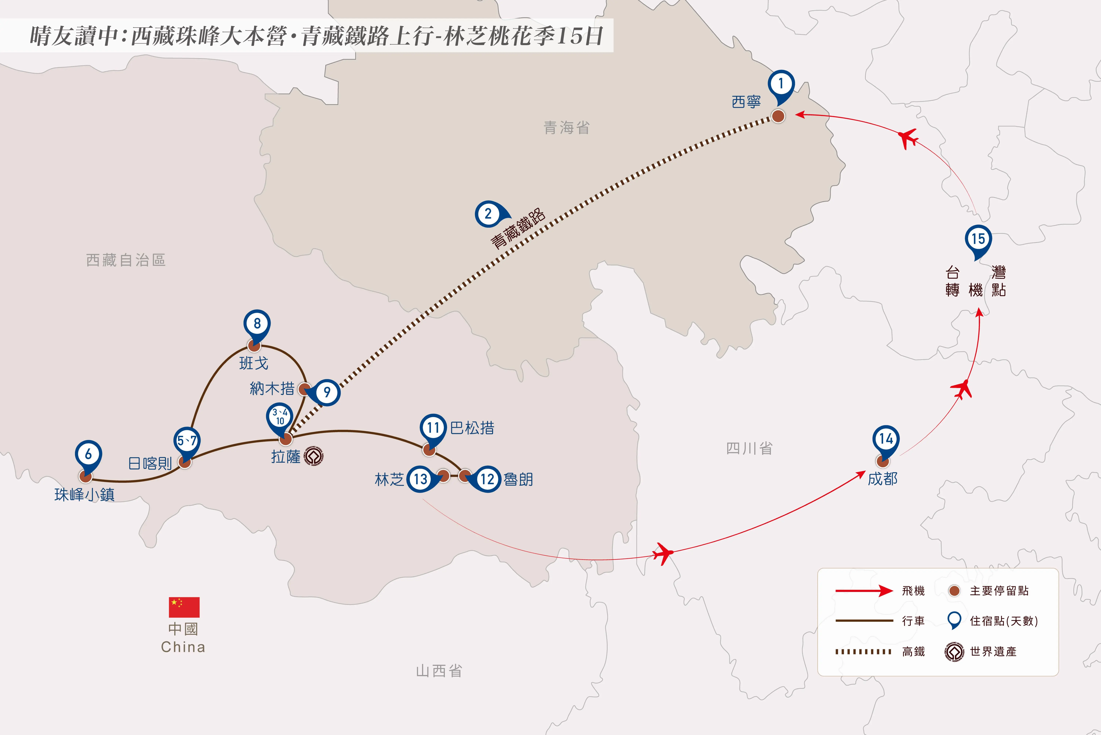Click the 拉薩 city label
pos(286,457)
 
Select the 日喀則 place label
pos(150,464)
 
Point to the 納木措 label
pos(272,389)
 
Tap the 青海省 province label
pos(566,127)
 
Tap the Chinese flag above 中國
pos(184,607)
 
